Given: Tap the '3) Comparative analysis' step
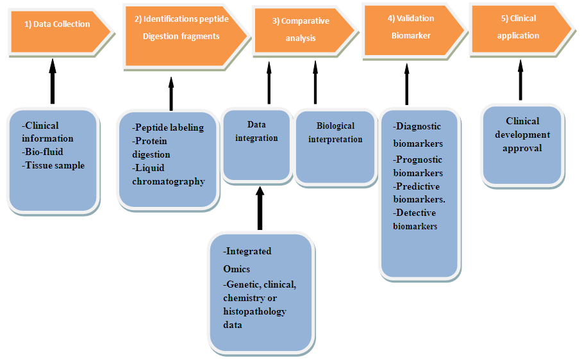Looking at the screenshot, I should click(301, 29).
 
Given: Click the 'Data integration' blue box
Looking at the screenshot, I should click(256, 144).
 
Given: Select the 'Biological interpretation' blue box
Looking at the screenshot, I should click(335, 147).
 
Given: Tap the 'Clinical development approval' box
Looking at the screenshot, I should click(522, 144).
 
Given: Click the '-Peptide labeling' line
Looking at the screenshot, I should click(168, 127).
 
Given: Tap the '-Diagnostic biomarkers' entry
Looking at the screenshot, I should click(418, 135).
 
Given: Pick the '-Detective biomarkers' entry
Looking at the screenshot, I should click(415, 219).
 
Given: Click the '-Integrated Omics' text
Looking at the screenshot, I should click(247, 259).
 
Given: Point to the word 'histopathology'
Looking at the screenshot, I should click(254, 311).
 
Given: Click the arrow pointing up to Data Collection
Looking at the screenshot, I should click(52, 79).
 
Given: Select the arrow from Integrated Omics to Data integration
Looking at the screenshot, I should click(260, 208).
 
